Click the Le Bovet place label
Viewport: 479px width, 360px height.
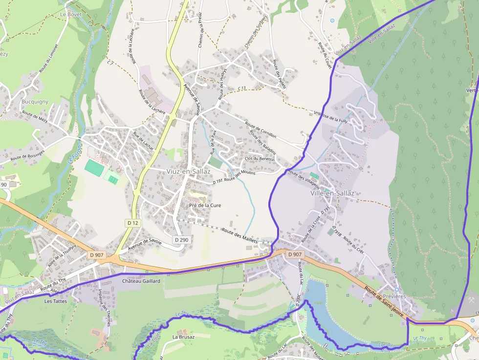pos(70,15)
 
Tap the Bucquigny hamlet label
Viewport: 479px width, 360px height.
pos(35,102)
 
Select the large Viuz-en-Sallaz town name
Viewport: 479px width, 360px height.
pos(189,172)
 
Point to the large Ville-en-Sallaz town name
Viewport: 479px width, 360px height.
pos(332,193)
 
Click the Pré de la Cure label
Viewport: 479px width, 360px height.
pos(205,206)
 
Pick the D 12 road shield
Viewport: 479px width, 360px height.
pos(133,223)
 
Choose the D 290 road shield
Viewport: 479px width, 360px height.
pos(181,240)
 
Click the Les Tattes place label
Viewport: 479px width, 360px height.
pos(55,301)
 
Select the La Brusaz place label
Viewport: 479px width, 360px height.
pos(183,337)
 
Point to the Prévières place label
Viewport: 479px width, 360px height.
pos(394,296)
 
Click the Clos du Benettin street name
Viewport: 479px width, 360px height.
pos(260,159)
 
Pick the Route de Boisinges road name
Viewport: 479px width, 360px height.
pos(27,155)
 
